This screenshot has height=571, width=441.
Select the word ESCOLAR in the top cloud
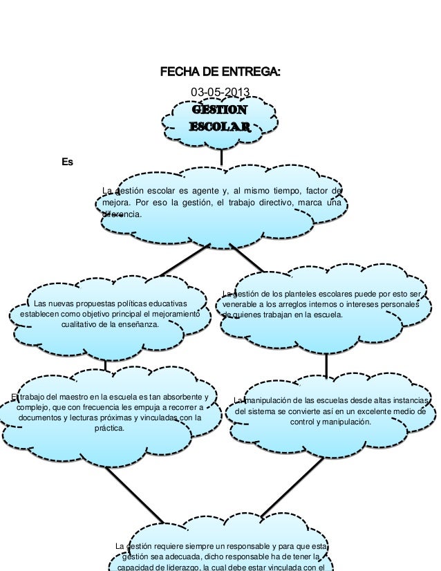click(220, 127)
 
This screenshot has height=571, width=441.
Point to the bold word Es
click(68, 162)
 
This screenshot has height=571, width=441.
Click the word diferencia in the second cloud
click(122, 215)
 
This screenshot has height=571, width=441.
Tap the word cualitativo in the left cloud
click(79, 326)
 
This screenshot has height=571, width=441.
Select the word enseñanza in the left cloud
click(135, 326)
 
